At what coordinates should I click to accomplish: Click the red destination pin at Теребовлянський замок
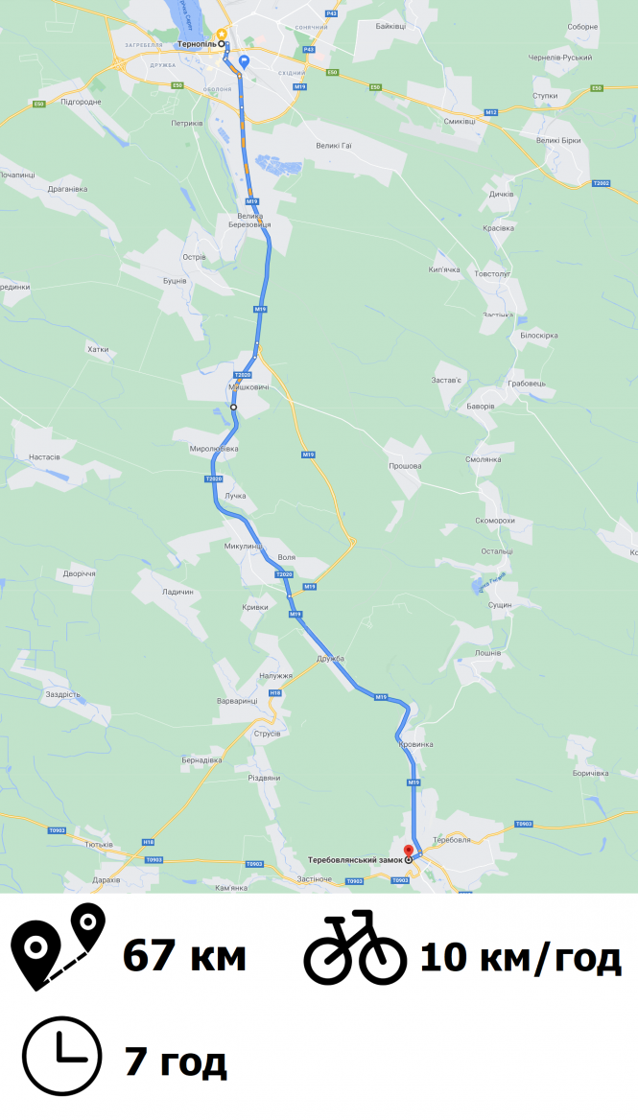(x=408, y=850)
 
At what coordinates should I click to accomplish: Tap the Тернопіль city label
(x=198, y=44)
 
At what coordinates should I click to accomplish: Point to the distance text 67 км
(x=184, y=956)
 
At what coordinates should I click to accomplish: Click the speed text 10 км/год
(x=520, y=956)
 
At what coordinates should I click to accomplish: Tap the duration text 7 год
(x=176, y=1062)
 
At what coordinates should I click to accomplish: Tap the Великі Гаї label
(x=335, y=145)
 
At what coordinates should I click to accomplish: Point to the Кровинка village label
(x=414, y=744)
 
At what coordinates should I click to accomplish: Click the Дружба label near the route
(x=329, y=659)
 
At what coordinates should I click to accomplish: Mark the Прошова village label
(x=405, y=466)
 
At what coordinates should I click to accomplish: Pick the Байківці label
(x=390, y=26)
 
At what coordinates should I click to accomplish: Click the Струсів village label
(x=267, y=734)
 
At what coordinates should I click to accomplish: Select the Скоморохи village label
(x=495, y=521)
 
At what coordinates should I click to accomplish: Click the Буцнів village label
(x=174, y=281)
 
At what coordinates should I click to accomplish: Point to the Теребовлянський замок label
(x=355, y=859)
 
